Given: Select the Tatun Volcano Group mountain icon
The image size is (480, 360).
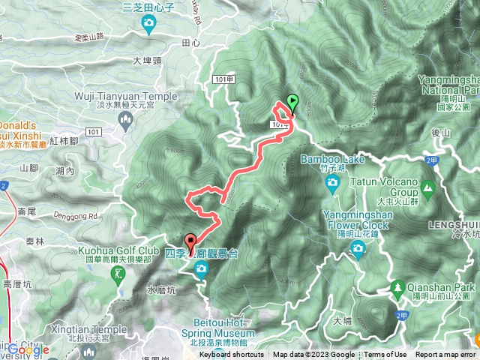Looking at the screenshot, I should point(428,187).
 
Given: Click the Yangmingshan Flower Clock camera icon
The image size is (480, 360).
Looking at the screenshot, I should point(358,247).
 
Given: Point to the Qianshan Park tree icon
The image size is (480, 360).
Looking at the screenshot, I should point(397,286).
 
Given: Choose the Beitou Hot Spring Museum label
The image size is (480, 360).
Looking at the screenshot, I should point(223,334).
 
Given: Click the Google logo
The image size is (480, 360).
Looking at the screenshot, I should point(28,349).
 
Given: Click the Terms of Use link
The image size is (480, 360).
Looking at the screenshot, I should point(385,355).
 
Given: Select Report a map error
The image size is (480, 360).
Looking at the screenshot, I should point(445,355).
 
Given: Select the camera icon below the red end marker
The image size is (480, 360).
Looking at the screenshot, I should point(201,274).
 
